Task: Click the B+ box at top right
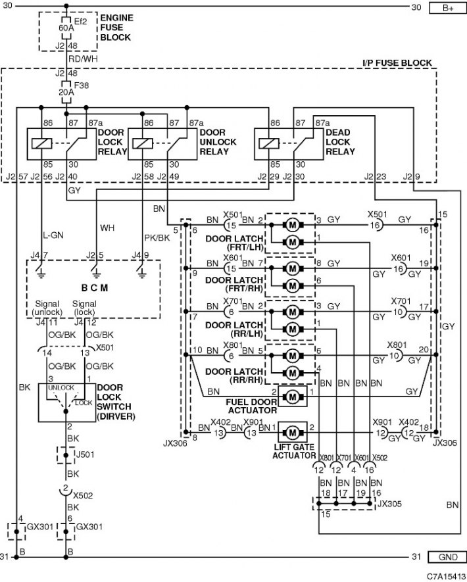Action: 447,8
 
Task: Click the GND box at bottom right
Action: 447,557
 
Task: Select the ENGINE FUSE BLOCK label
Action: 116,28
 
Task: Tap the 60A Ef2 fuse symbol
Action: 66,28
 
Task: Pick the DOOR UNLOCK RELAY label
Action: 218,142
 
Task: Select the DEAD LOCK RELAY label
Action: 340,142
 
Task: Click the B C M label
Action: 94,288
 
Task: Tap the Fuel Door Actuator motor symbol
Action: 293,397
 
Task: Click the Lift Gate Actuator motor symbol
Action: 293,432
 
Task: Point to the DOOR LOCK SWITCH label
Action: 116,402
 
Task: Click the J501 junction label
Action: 85,454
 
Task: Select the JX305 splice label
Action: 389,504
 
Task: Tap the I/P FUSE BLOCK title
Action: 397,63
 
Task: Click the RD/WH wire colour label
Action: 83,59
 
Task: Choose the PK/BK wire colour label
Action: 157,237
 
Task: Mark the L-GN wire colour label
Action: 53,235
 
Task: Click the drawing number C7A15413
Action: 445,576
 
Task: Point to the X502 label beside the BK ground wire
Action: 83,495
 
